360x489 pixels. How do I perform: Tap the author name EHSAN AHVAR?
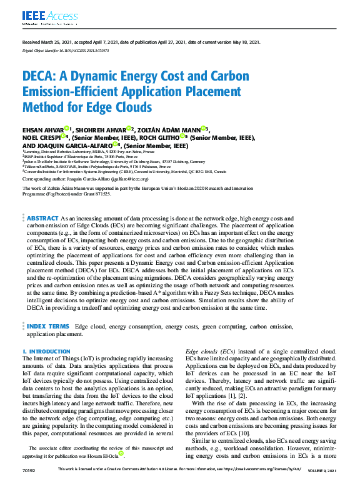(x=46, y=129)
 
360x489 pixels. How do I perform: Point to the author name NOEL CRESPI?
(x=42, y=137)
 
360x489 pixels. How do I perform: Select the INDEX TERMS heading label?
(x=48, y=326)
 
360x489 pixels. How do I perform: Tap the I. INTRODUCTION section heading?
(x=46, y=352)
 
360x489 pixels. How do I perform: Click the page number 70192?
(x=29, y=485)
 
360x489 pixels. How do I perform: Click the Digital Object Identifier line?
(x=66, y=50)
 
